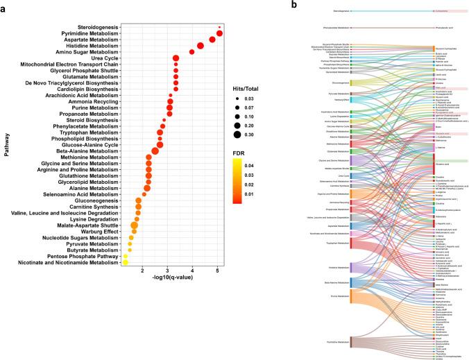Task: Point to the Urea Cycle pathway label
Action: click(x=102, y=58)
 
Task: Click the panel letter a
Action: click(x=4, y=6)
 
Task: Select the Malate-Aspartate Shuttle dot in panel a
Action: click(x=135, y=226)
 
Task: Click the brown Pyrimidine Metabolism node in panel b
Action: click(x=352, y=341)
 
